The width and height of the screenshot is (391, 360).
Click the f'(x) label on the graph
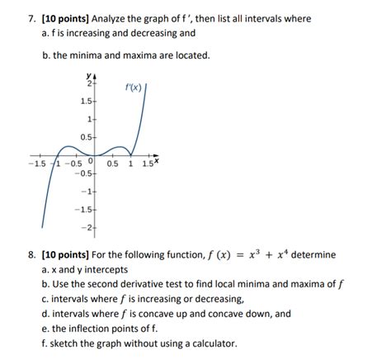tap(133, 87)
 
